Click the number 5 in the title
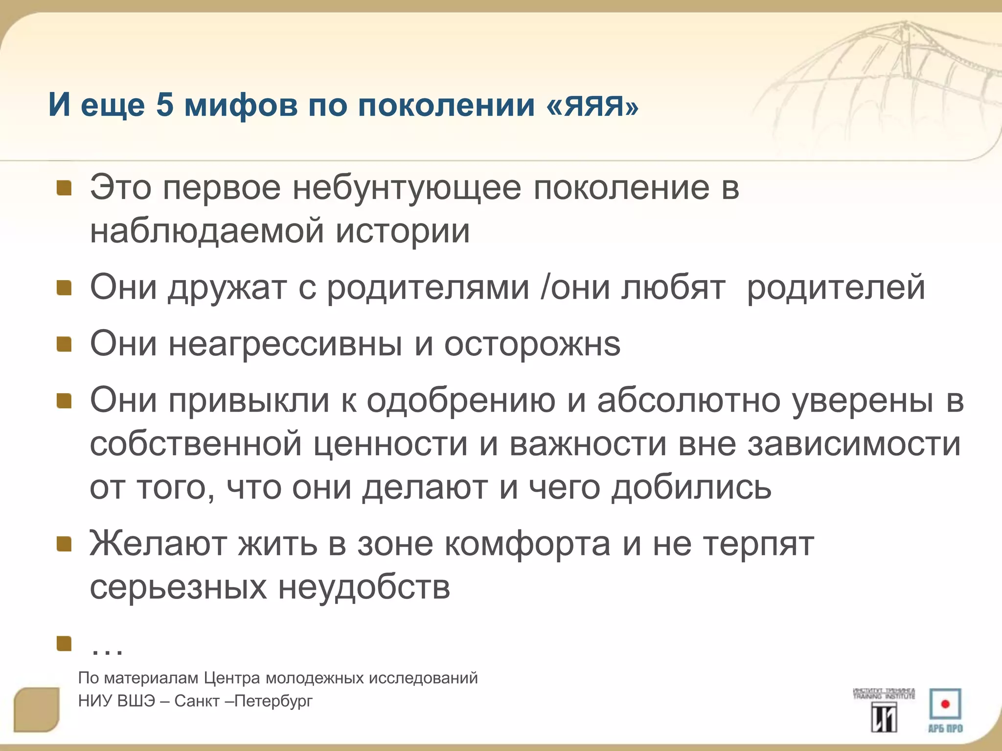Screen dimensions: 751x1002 point(165,105)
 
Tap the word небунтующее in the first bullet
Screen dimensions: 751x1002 point(407,188)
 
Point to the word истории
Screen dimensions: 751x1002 point(402,231)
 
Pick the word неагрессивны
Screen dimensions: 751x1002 point(285,344)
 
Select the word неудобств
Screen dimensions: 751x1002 point(364,587)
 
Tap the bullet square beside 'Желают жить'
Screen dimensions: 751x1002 point(64,544)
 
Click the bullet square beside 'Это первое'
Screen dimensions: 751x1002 point(64,188)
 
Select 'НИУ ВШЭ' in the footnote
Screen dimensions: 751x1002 point(116,701)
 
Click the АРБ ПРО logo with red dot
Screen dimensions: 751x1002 point(945,710)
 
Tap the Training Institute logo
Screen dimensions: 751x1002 point(884,710)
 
